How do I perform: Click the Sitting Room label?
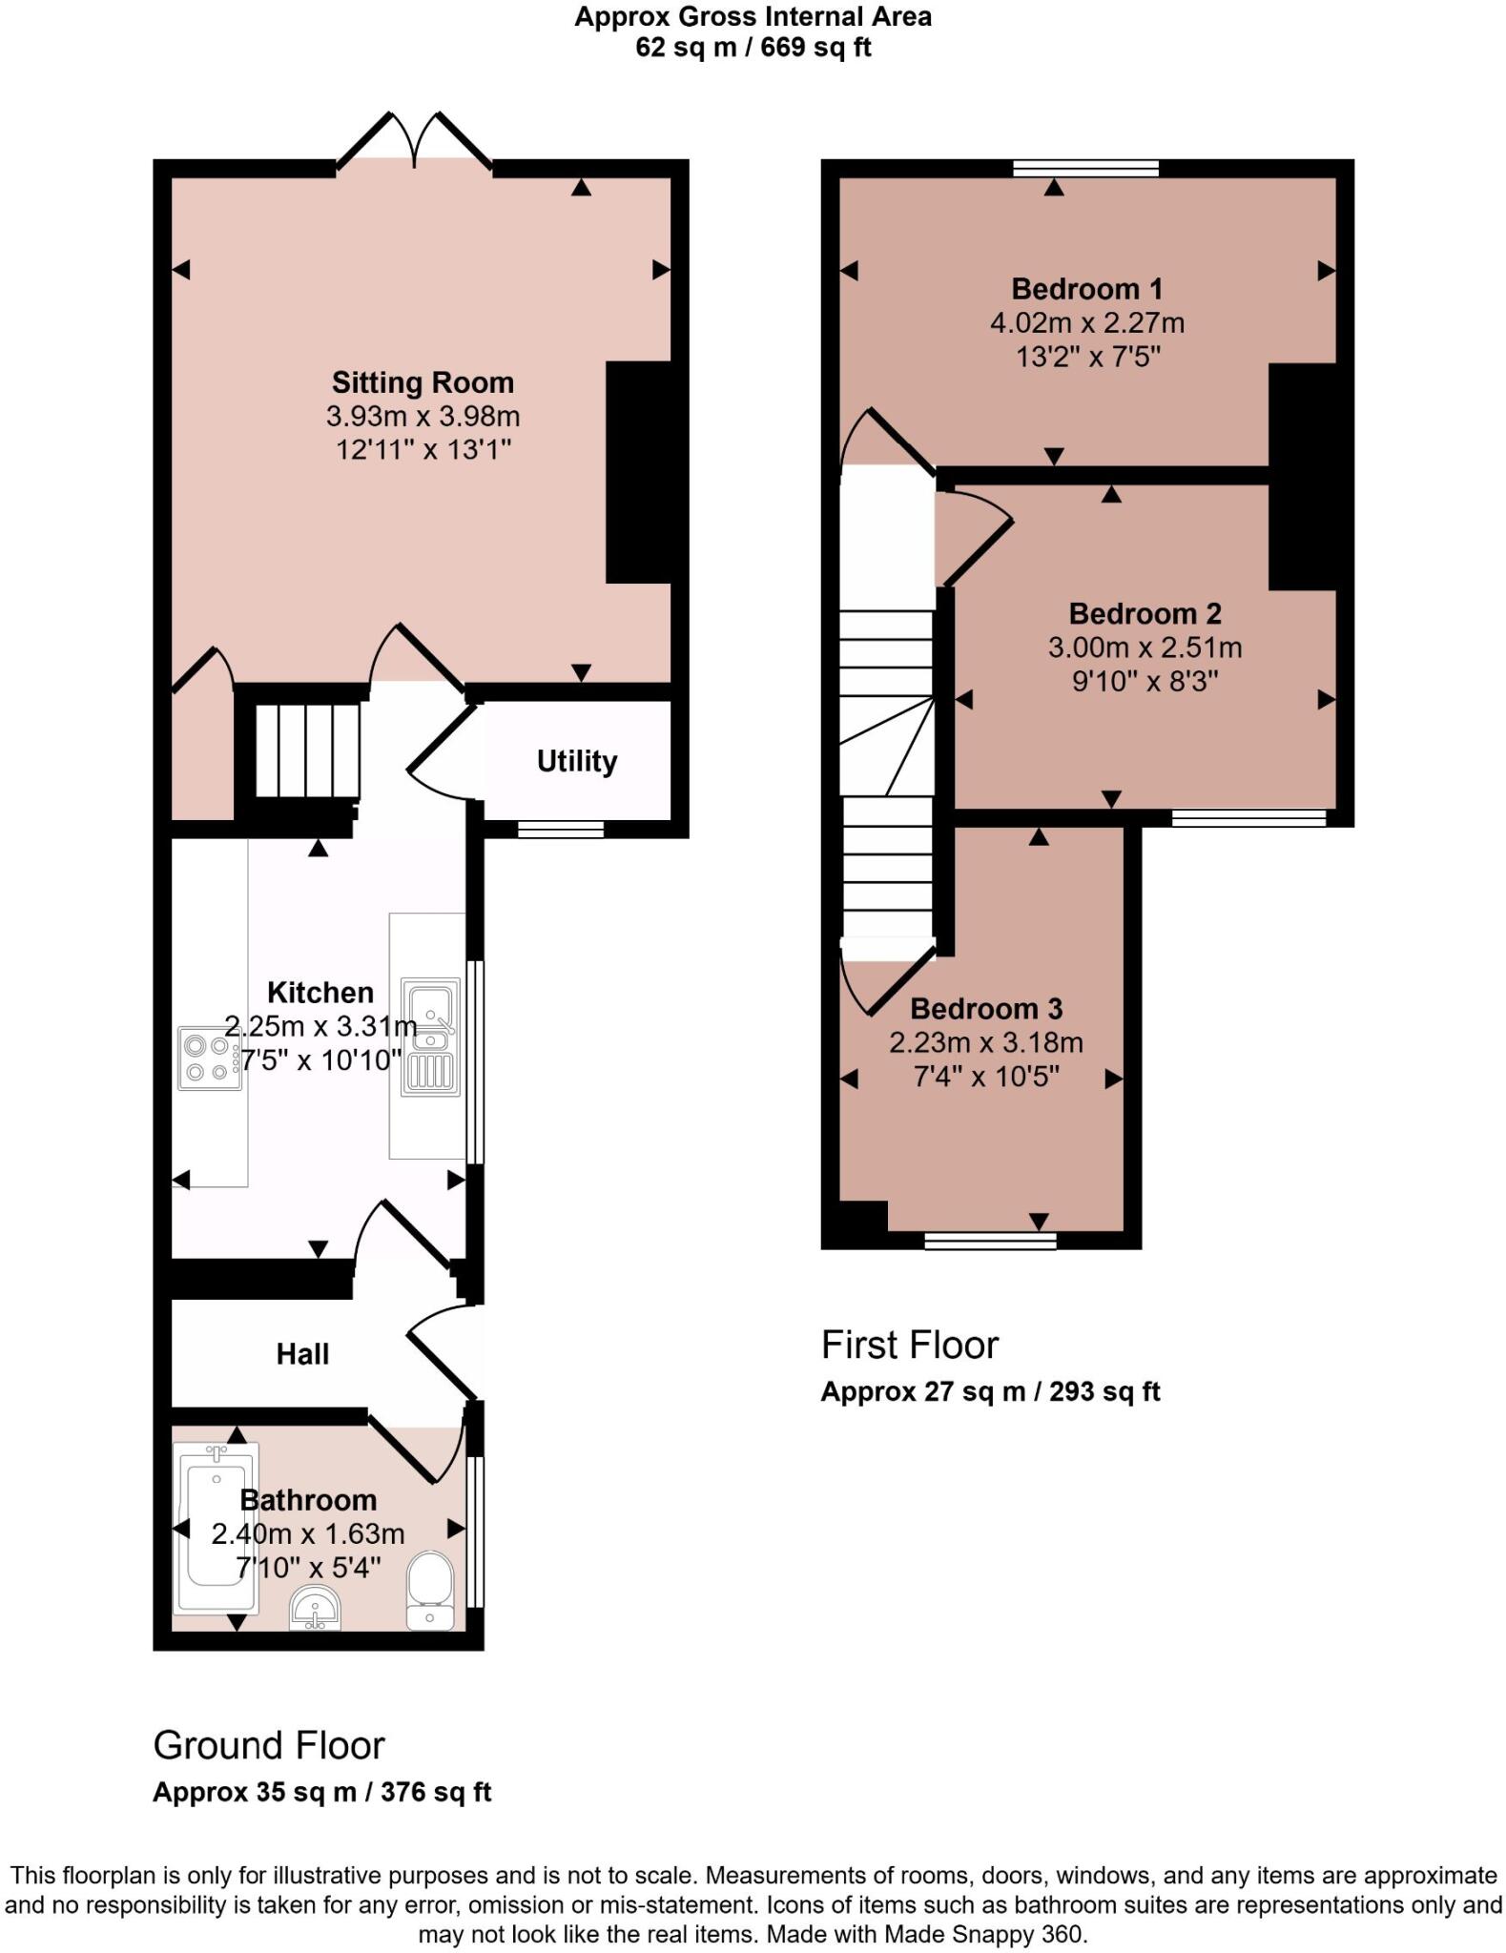(423, 382)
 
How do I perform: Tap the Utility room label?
(576, 761)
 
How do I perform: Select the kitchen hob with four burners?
(208, 1059)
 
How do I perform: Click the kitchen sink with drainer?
(429, 1037)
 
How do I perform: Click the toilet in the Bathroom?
(429, 1589)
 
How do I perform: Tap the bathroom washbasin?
(315, 1608)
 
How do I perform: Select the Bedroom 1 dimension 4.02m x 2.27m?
(1086, 323)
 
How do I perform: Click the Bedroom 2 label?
(1145, 613)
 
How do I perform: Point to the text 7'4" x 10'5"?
(986, 1077)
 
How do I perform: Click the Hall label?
(302, 1354)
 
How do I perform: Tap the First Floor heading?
(909, 1346)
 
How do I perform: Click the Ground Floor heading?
(269, 1746)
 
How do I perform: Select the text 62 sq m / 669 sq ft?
(753, 48)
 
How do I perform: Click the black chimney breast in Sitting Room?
(638, 472)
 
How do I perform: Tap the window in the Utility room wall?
(561, 830)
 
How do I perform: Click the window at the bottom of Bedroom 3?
(990, 1240)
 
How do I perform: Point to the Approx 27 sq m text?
(989, 1392)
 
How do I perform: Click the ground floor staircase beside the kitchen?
(307, 750)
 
